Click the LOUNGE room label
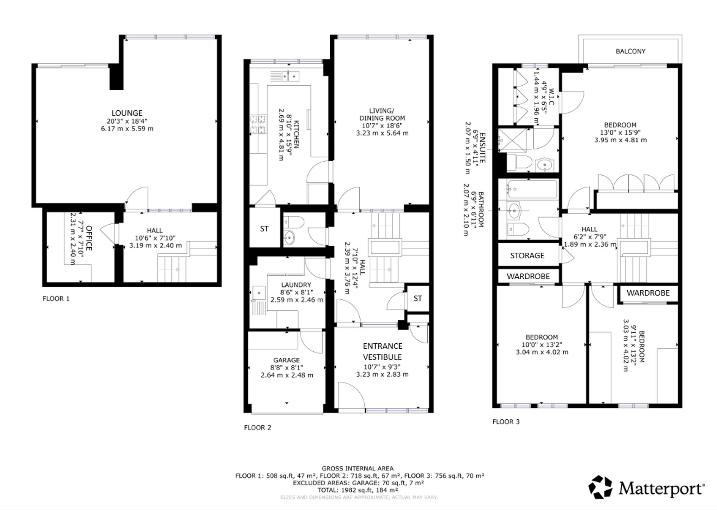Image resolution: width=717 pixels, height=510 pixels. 127,113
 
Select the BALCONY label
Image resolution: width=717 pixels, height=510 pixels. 631,51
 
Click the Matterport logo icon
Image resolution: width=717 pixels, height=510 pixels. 601,487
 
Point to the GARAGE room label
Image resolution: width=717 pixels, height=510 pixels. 286,360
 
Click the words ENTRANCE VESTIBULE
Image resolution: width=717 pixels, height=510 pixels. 383,352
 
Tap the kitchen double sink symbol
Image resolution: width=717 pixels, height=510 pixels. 290,76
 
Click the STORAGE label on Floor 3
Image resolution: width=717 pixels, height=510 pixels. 527,256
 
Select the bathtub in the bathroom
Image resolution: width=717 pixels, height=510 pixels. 532,189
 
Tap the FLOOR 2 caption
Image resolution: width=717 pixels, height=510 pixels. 257,428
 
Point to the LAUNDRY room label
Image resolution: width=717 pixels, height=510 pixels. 296,285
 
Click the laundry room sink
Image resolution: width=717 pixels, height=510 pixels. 258,293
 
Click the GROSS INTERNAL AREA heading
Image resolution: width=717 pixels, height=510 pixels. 357,468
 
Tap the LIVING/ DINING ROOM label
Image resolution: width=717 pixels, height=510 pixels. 382,114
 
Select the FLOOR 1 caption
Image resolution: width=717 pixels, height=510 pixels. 56,299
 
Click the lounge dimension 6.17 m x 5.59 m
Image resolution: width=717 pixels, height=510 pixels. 127,129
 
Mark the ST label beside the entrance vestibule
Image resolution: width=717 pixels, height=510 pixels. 418,299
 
